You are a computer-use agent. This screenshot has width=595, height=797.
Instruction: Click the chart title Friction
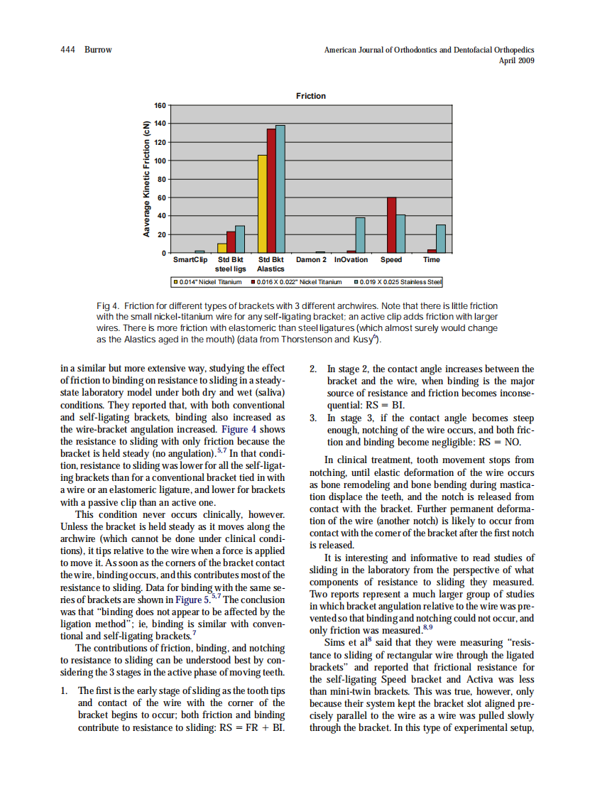pyautogui.click(x=311, y=96)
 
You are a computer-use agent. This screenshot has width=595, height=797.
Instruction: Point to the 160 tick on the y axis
pyautogui.click(x=160, y=105)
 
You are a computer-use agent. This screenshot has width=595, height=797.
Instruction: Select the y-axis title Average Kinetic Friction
pyautogui.click(x=146, y=179)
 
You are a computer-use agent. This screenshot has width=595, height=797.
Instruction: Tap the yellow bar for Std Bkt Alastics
pyautogui.click(x=262, y=204)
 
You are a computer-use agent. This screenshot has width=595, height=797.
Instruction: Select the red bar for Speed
pyautogui.click(x=391, y=225)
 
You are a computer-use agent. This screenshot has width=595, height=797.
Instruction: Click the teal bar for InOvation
pyautogui.click(x=361, y=235)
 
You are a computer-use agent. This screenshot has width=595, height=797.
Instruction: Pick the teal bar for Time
pyautogui.click(x=441, y=239)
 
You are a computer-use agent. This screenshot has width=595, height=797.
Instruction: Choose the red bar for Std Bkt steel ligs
pyautogui.click(x=231, y=242)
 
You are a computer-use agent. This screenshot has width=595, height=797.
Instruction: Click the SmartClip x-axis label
pyautogui.click(x=190, y=260)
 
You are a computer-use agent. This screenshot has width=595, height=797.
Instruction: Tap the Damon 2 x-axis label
pyautogui.click(x=310, y=260)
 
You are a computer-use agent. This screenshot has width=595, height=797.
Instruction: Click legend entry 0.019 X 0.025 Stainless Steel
pyautogui.click(x=400, y=282)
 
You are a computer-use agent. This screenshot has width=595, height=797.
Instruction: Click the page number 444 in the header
pyautogui.click(x=68, y=50)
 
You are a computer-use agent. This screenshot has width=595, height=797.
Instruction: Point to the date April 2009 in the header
pyautogui.click(x=517, y=60)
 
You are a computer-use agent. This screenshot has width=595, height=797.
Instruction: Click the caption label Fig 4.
pyautogui.click(x=107, y=305)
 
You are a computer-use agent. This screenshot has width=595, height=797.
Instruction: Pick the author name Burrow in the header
pyautogui.click(x=98, y=50)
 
